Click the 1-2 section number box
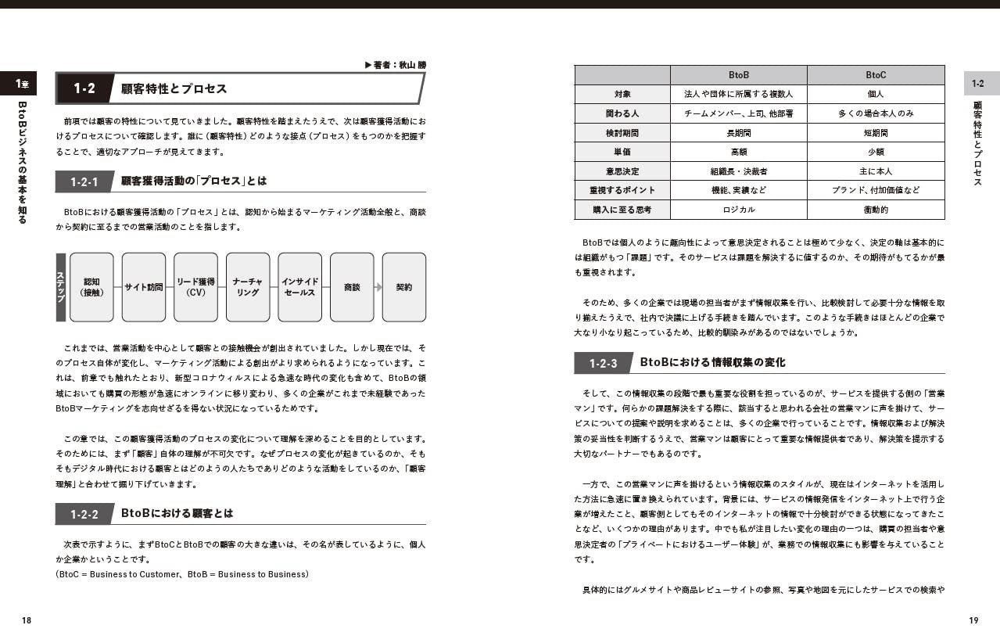click(84, 88)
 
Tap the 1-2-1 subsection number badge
click(84, 181)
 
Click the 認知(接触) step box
click(91, 287)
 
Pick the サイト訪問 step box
click(144, 287)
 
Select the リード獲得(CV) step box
click(195, 287)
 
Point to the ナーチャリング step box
click(248, 287)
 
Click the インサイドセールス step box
click(299, 287)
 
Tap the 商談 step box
click(352, 287)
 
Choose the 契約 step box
click(404, 287)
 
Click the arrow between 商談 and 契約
click(378, 287)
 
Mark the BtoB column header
click(739, 75)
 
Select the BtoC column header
click(876, 75)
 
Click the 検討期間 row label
click(622, 133)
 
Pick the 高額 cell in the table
click(739, 152)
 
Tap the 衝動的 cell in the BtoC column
click(876, 210)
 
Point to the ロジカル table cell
click(739, 210)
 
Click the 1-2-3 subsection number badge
click(603, 363)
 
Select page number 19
click(973, 620)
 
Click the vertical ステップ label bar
click(60, 287)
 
